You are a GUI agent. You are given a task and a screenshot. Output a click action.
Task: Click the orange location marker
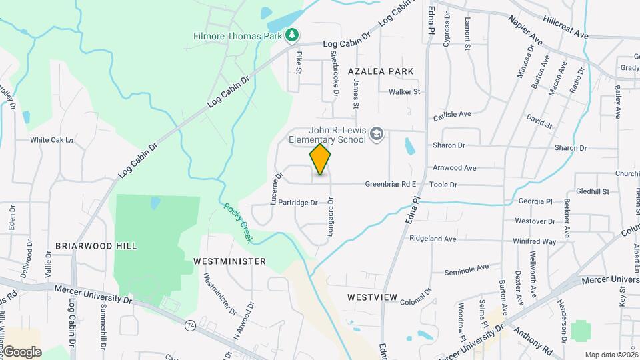click(x=320, y=159)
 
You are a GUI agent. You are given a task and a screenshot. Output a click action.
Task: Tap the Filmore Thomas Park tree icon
click(x=291, y=35)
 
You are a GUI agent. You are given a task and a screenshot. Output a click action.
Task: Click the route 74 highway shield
click(x=190, y=325)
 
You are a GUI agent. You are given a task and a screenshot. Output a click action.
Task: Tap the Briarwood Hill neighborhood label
click(x=96, y=246)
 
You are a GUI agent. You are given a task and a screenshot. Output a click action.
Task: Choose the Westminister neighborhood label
click(x=229, y=261)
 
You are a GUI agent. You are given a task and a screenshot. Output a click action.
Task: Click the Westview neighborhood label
click(x=372, y=297)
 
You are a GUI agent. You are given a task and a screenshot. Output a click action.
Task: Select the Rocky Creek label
click(x=236, y=223)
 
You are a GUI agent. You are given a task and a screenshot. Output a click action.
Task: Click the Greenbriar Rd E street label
click(x=391, y=184)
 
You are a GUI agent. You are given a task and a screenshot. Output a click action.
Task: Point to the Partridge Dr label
click(x=299, y=202)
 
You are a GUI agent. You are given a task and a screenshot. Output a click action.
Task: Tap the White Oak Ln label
click(x=51, y=141)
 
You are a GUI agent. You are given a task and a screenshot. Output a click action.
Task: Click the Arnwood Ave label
click(x=454, y=168)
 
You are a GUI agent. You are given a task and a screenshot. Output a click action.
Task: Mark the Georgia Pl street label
click(x=536, y=201)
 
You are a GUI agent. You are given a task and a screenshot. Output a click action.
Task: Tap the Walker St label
click(x=405, y=91)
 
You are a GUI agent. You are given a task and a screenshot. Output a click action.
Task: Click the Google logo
click(x=21, y=352)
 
